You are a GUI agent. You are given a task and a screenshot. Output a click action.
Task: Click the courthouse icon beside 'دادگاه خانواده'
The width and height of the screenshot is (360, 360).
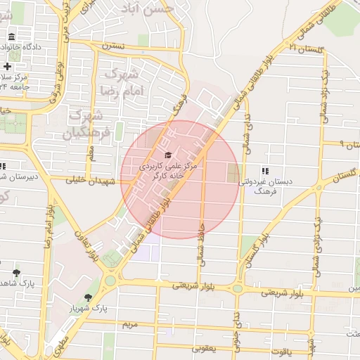[11, 36]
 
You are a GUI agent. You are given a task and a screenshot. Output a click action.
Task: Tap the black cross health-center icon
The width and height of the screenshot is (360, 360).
[7, 66]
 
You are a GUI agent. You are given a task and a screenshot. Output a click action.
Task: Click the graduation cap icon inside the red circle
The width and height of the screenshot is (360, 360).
[167, 155]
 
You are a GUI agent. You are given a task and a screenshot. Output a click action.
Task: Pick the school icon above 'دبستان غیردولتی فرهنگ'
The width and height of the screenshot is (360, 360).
[264, 170]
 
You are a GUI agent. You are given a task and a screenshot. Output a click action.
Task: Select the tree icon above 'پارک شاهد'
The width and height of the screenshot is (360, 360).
[16, 271]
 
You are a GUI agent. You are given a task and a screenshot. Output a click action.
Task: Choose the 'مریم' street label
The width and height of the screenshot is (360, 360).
[127, 325]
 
